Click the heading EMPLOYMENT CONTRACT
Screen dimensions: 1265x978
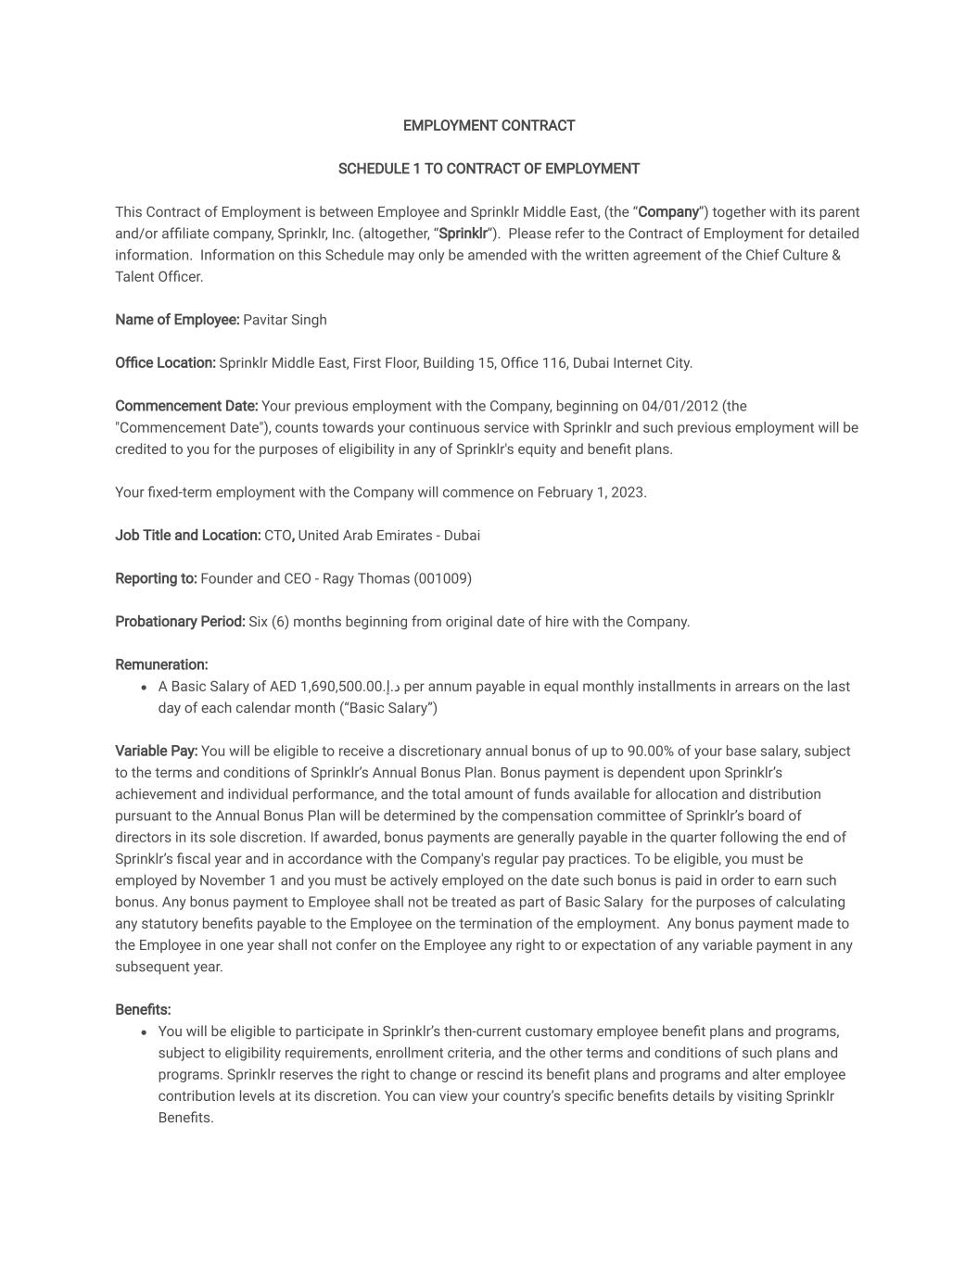point(489,125)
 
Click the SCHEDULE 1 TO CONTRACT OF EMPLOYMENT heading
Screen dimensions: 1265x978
point(489,169)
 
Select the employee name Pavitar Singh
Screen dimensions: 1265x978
point(285,320)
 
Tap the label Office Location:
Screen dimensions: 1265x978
point(165,363)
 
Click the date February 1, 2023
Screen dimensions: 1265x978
point(591,492)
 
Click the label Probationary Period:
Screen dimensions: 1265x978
point(180,622)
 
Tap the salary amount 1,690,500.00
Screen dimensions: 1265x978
point(342,687)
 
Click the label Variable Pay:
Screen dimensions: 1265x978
point(156,752)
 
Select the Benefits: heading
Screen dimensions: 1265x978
point(143,1009)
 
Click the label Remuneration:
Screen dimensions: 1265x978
point(161,664)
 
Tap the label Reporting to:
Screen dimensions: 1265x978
point(156,578)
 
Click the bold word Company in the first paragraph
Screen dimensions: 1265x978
point(668,212)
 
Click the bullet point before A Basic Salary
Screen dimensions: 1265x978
point(144,688)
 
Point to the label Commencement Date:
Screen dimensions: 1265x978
point(186,406)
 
